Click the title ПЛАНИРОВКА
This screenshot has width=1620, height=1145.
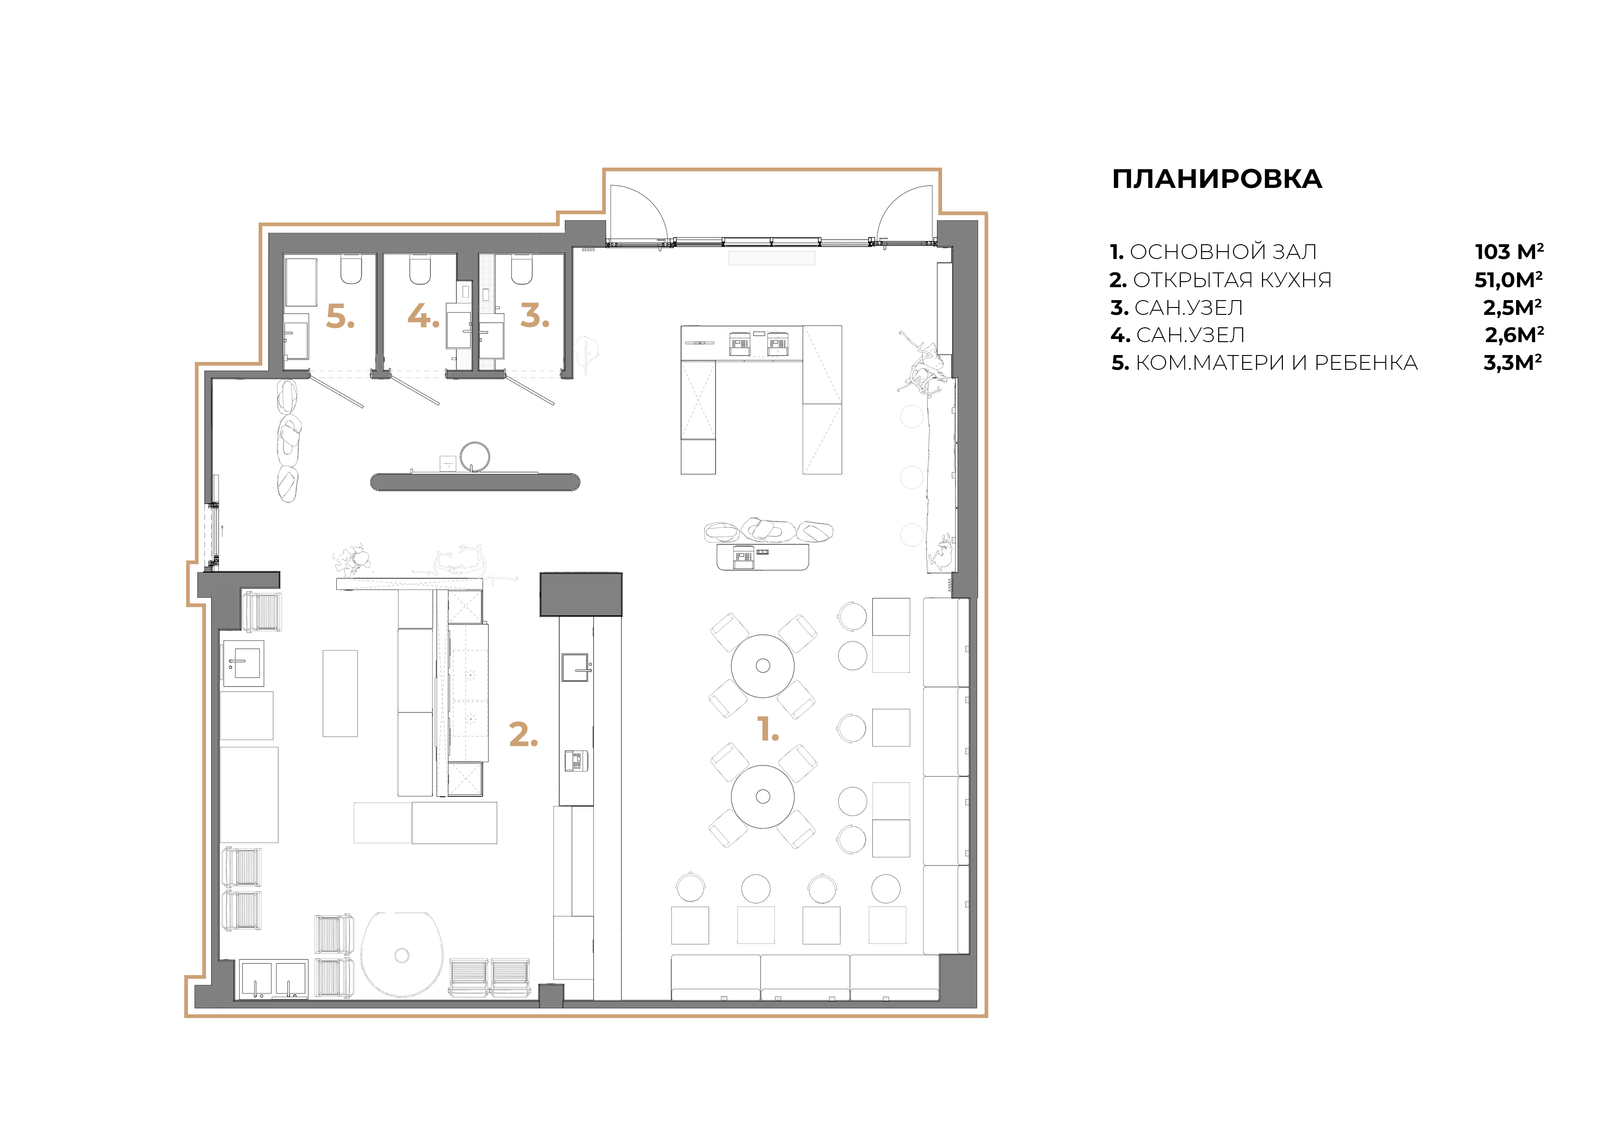point(1216,179)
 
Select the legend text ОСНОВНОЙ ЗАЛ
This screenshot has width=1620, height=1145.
point(1223,252)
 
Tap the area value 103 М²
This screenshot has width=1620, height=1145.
point(1509,252)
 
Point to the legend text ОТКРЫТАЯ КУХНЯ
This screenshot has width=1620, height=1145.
point(1232,280)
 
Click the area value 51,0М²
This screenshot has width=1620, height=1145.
point(1508,280)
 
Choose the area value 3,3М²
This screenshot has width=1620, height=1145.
point(1512,362)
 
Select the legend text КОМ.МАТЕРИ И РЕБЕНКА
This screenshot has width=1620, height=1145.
point(1275,362)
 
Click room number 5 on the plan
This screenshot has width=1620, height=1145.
point(339,317)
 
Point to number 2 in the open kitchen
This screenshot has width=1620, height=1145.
point(523,735)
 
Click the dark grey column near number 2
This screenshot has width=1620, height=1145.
point(580,594)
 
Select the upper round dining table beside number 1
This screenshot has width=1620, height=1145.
point(762,665)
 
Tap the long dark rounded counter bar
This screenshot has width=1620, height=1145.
point(475,482)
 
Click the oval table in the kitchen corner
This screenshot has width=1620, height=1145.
point(401,954)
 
